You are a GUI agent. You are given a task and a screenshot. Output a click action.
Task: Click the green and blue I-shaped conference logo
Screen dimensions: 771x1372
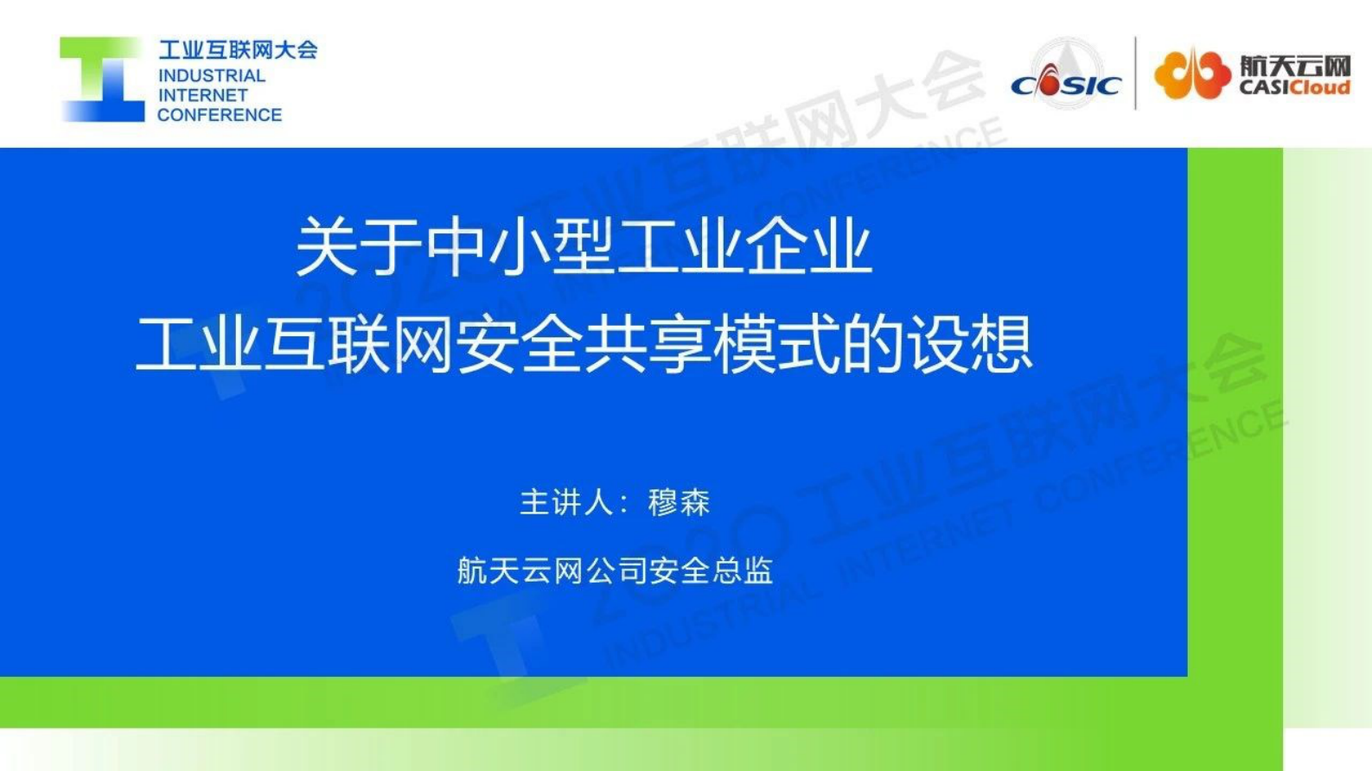(x=102, y=80)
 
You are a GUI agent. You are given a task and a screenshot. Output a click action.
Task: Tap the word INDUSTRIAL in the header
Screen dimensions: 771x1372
(x=212, y=76)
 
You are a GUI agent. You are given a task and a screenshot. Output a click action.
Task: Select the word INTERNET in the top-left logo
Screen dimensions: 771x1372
(x=203, y=95)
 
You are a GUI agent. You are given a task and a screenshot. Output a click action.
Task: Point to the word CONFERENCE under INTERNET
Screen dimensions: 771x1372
(x=220, y=115)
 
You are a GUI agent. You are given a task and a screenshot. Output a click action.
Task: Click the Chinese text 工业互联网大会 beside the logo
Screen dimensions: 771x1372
(x=238, y=50)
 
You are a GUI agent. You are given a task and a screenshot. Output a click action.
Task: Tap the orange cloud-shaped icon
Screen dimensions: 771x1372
(x=1192, y=74)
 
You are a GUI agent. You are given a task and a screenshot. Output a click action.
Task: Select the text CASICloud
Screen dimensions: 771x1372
(x=1294, y=88)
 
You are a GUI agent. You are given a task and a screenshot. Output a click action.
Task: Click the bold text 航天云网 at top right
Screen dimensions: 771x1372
(x=1294, y=66)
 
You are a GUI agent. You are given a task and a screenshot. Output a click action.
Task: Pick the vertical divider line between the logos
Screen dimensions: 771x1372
(x=1136, y=73)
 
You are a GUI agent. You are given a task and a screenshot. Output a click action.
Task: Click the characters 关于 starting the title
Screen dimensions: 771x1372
(x=359, y=248)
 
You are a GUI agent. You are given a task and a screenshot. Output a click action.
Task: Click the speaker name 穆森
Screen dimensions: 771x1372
(x=679, y=502)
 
